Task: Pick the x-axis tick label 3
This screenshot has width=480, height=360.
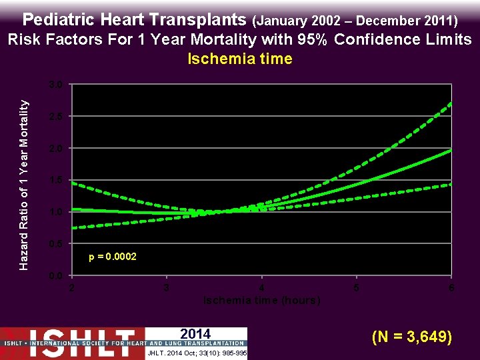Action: click(167, 288)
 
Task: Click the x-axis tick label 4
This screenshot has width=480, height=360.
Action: click(262, 288)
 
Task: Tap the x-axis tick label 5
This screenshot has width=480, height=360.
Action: click(357, 288)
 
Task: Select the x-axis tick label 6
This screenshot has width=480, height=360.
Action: click(451, 288)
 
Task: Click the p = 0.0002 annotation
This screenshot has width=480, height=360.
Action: click(113, 257)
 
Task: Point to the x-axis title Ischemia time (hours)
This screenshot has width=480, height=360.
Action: click(261, 301)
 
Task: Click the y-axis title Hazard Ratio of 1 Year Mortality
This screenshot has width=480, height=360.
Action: click(24, 185)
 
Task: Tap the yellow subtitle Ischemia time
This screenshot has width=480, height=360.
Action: click(240, 59)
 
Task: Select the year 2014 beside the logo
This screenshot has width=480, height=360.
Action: click(195, 334)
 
